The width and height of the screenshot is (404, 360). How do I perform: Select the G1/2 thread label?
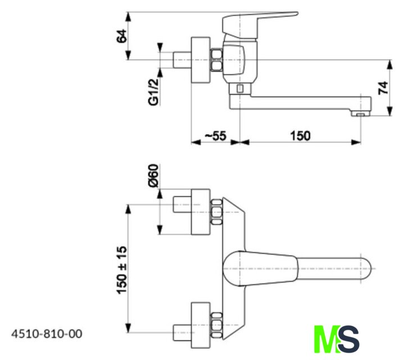pyautogui.click(x=153, y=91)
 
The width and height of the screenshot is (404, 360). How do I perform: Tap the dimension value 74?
pyautogui.click(x=384, y=87)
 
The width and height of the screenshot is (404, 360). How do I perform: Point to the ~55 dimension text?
pyautogui.click(x=215, y=136)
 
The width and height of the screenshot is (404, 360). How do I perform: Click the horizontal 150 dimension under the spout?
pyautogui.click(x=300, y=136)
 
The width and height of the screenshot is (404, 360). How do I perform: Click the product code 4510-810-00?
pyautogui.click(x=47, y=334)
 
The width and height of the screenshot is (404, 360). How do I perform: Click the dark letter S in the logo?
pyautogui.click(x=349, y=339)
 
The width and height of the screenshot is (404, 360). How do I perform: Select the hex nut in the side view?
pyautogui.click(x=216, y=60)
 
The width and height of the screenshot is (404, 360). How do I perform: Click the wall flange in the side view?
pyautogui.click(x=201, y=60)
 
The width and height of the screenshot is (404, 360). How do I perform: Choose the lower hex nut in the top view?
pyautogui.click(x=216, y=325)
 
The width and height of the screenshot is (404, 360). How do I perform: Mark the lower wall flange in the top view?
pyautogui.click(x=201, y=325)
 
